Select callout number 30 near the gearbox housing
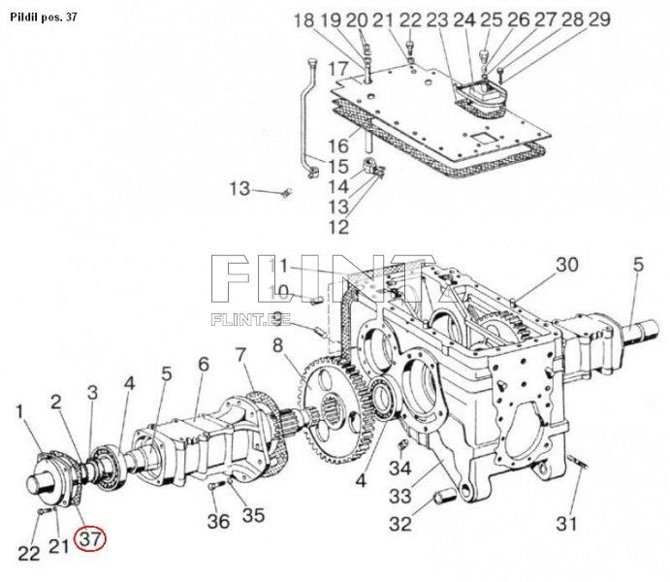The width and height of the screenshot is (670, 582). pyautogui.click(x=566, y=265)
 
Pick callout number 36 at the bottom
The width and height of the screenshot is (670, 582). pyautogui.click(x=219, y=521)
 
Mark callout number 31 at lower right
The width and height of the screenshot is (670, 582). pyautogui.click(x=566, y=525)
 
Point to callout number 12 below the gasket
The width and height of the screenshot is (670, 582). pyautogui.click(x=337, y=227)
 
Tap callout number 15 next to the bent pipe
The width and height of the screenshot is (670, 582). pyautogui.click(x=336, y=167)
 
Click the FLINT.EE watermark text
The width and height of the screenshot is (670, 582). pyautogui.click(x=244, y=317)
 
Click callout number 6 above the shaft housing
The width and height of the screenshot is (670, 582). pyautogui.click(x=203, y=364)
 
